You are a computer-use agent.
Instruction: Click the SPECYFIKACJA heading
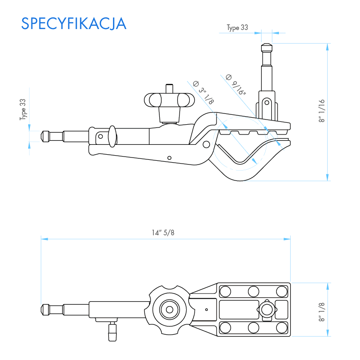pos(74,23)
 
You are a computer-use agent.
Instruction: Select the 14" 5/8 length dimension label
pos(163,233)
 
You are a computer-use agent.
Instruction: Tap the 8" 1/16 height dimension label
pos(322,112)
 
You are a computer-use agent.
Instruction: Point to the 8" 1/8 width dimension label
pos(322,311)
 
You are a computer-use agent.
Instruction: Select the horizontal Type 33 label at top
pos(237,28)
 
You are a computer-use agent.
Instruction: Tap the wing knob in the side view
pos(169,100)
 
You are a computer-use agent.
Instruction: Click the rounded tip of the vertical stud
pos(266,47)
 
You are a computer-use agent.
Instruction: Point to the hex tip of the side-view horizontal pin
pos(45,136)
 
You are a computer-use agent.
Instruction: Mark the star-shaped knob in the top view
pos(169,309)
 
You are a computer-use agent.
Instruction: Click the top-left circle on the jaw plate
pos(225,291)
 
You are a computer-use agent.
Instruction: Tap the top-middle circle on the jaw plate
pos(253,291)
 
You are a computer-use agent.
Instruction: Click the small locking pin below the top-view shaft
pos(112,332)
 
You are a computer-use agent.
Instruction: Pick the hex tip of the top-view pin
pos(45,309)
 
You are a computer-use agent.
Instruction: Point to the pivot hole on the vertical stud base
pos(266,102)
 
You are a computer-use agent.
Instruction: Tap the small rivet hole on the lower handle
pos(170,157)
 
